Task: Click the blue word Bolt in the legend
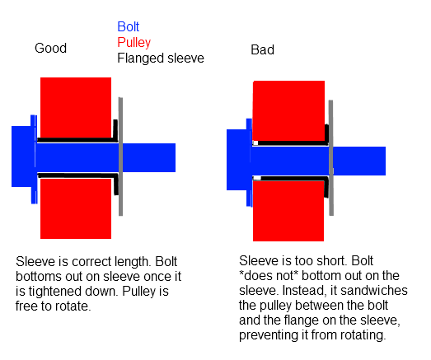tap(128, 27)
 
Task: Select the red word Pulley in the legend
tap(134, 43)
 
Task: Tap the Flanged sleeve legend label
tap(161, 58)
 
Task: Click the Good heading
tap(50, 48)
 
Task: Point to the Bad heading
tap(263, 50)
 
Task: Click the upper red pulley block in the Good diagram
tap(76, 107)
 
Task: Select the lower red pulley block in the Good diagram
tap(76, 208)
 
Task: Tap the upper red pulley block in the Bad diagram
tap(288, 110)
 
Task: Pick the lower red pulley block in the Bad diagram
tap(288, 211)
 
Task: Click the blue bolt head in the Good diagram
tap(23, 157)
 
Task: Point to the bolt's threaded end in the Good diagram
tap(149, 157)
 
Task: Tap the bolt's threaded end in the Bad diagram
tap(359, 161)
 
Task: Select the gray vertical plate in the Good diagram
tap(120, 157)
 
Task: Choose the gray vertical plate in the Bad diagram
tap(331, 157)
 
